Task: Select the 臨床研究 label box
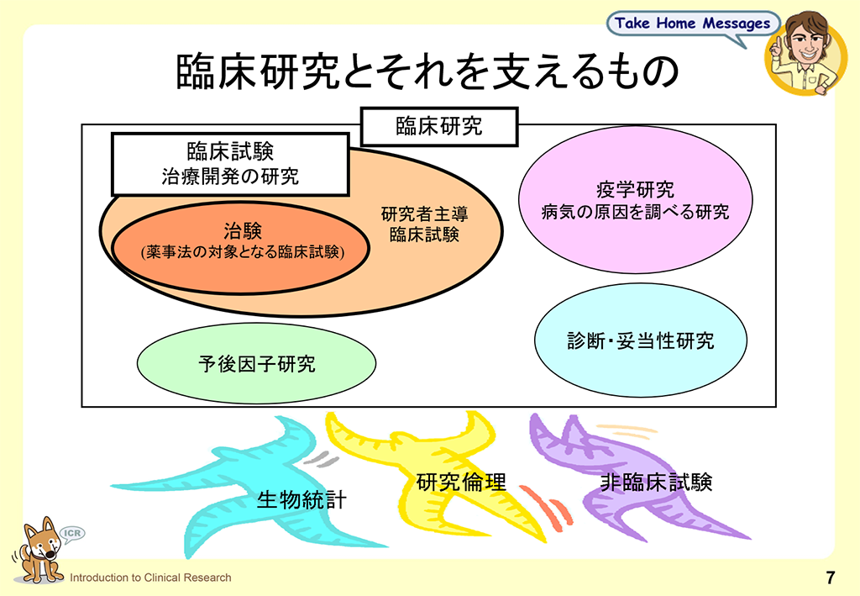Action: tap(438, 127)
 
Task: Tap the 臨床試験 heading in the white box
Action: tap(230, 151)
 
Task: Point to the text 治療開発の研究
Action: tap(230, 177)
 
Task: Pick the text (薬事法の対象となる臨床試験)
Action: tap(241, 251)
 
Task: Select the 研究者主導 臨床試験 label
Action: tap(424, 224)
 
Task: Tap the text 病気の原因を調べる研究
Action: tap(635, 212)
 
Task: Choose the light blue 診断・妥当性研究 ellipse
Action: tap(640, 340)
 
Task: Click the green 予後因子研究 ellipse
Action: tap(255, 364)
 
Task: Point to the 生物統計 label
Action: tap(302, 501)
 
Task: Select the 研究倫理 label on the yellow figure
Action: tap(461, 482)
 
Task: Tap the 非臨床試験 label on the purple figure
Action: tap(656, 482)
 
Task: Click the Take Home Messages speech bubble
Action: tap(692, 24)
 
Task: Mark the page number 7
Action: tap(830, 578)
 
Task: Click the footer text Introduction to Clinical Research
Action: tap(150, 578)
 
